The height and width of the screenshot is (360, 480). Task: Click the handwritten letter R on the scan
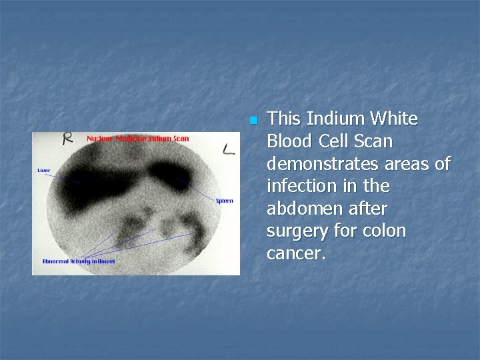coord(67,139)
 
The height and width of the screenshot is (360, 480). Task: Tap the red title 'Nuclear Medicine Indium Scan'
coord(137,139)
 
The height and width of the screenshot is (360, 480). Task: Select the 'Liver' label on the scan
coord(43,171)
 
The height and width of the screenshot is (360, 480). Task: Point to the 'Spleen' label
coord(225,201)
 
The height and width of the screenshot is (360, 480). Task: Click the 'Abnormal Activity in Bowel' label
coord(78,261)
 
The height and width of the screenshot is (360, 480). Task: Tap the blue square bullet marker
coord(252,121)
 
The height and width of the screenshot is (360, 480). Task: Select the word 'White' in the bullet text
coord(393,119)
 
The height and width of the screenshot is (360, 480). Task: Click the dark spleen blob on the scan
coord(172,175)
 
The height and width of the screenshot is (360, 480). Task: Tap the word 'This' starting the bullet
coord(283,119)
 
